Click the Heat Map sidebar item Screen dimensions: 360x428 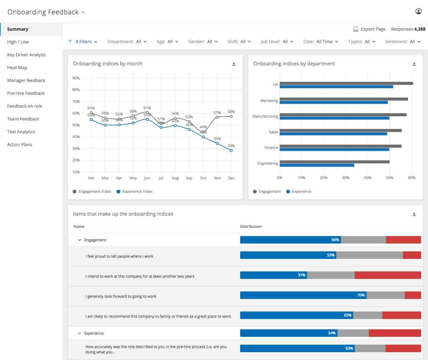(x=17, y=68)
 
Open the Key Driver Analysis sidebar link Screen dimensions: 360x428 (x=26, y=55)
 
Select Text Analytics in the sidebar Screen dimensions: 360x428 (x=21, y=132)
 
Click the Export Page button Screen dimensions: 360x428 (x=369, y=29)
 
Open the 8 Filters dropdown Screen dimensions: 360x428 (x=83, y=42)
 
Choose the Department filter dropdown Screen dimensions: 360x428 (x=127, y=42)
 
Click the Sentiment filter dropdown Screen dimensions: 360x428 (x=403, y=42)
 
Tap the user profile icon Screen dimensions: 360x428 (x=418, y=11)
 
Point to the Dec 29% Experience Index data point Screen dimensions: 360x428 (x=231, y=150)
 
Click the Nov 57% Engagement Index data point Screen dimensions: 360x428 (x=217, y=117)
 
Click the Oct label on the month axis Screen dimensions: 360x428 (x=203, y=178)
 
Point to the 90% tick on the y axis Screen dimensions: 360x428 (x=76, y=78)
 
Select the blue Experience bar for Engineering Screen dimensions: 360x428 (x=317, y=165)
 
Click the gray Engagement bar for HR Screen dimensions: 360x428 (x=346, y=83)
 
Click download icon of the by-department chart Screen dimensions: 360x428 (x=414, y=64)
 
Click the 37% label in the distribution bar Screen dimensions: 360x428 (x=301, y=275)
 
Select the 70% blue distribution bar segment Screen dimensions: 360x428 (x=303, y=295)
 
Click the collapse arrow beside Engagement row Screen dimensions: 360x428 (x=80, y=240)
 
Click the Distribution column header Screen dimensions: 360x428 (x=251, y=227)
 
